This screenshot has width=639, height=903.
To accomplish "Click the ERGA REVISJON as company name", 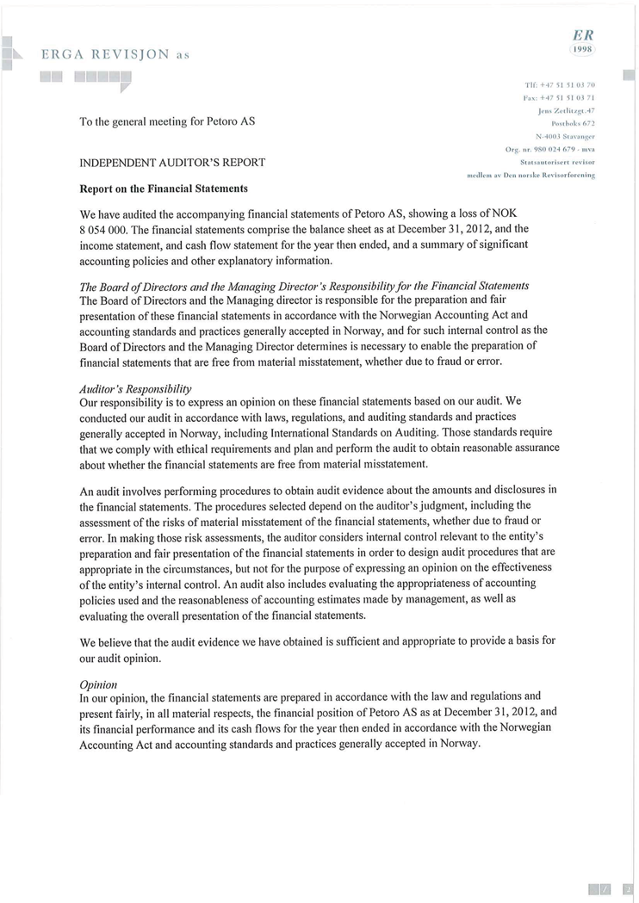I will (x=115, y=55).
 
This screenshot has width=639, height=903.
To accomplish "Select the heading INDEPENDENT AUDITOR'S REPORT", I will (x=172, y=162).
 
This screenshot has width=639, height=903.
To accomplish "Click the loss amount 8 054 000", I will (x=103, y=229).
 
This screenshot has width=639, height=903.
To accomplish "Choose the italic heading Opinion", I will (x=98, y=683).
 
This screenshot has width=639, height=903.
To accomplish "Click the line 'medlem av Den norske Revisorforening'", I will (x=530, y=175).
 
